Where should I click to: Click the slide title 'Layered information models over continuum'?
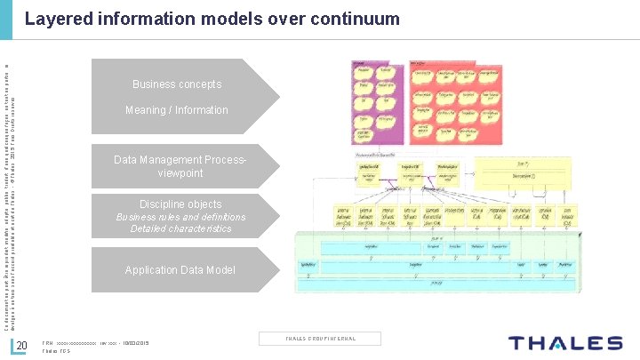(x=212, y=19)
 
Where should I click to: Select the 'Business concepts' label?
(x=177, y=84)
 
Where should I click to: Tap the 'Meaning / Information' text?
(x=177, y=110)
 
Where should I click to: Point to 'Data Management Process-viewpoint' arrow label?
(x=180, y=166)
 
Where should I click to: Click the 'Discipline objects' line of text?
(x=180, y=204)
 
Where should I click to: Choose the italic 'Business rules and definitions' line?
(x=180, y=217)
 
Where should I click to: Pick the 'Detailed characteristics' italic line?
(x=180, y=229)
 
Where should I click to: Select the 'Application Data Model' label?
(x=180, y=270)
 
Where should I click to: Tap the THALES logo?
(x=565, y=343)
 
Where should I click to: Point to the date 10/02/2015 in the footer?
(x=134, y=343)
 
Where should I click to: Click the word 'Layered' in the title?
(x=56, y=19)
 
